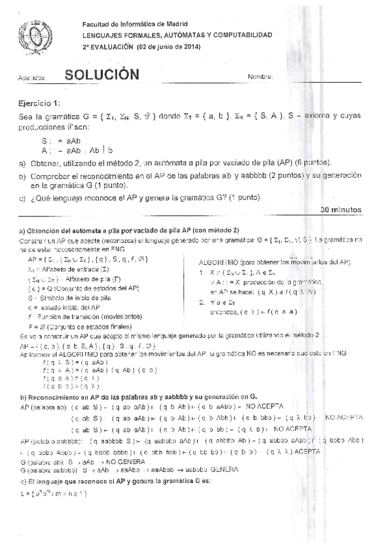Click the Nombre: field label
coord(260,78)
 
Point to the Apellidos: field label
coord(32,78)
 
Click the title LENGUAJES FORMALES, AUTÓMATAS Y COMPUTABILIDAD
coord(176,36)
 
